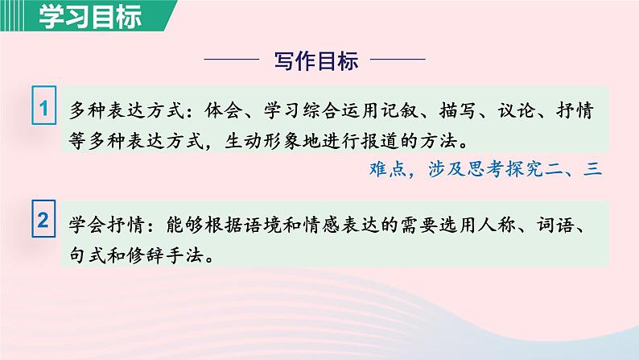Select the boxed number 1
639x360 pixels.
[x=43, y=108]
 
